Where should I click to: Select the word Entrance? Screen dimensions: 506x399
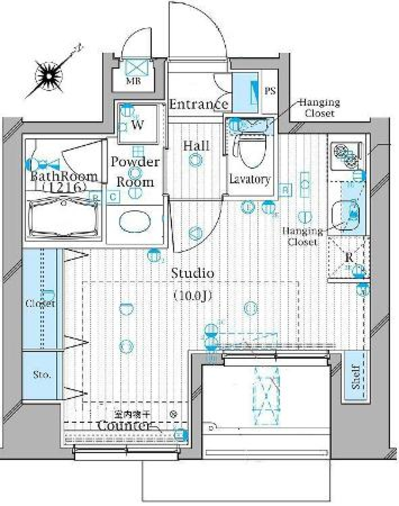click(x=198, y=104)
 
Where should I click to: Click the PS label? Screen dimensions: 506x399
click(x=270, y=91)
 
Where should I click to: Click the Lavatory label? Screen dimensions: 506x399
click(x=250, y=180)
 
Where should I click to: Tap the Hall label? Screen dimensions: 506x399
click(x=196, y=146)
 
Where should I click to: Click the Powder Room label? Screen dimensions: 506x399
click(x=134, y=172)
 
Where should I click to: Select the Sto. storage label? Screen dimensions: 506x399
click(x=42, y=375)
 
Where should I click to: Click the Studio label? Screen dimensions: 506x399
click(x=193, y=274)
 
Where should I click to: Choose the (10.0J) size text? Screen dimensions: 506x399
click(x=193, y=296)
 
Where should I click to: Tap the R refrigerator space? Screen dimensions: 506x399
click(x=348, y=257)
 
